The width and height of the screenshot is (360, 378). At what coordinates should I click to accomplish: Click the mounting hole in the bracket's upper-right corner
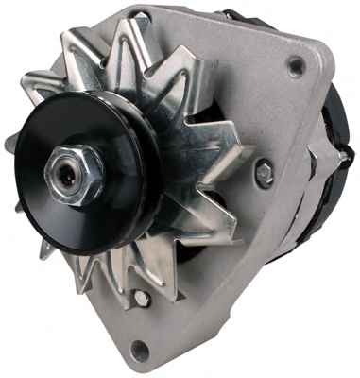coord(297,67)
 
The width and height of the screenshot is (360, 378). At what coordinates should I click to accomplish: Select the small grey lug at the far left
coord(11,142)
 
